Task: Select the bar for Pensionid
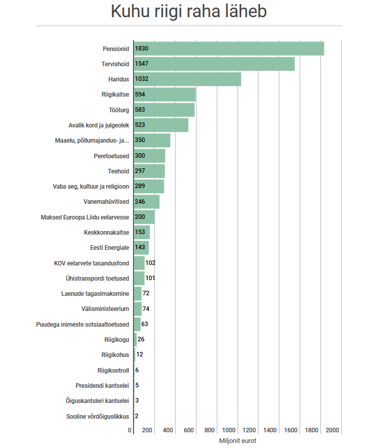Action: point(228,49)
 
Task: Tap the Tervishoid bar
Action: point(214,64)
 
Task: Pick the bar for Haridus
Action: point(187,79)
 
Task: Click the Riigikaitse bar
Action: point(164,95)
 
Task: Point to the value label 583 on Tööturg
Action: point(141,110)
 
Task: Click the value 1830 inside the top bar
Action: point(142,49)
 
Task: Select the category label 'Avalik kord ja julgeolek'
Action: point(99,125)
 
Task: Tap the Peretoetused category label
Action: point(111,156)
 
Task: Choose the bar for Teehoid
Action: point(149,171)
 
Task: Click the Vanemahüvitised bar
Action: point(147,202)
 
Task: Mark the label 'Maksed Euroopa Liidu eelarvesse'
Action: point(85,217)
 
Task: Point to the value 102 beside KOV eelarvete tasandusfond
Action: point(151,263)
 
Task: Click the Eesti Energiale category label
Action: point(109,248)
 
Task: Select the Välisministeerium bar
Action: point(137,309)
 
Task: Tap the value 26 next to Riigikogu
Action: point(141,339)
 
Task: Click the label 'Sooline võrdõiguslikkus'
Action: point(98,416)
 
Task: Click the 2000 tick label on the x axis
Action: point(333,430)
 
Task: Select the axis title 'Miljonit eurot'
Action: point(238,441)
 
